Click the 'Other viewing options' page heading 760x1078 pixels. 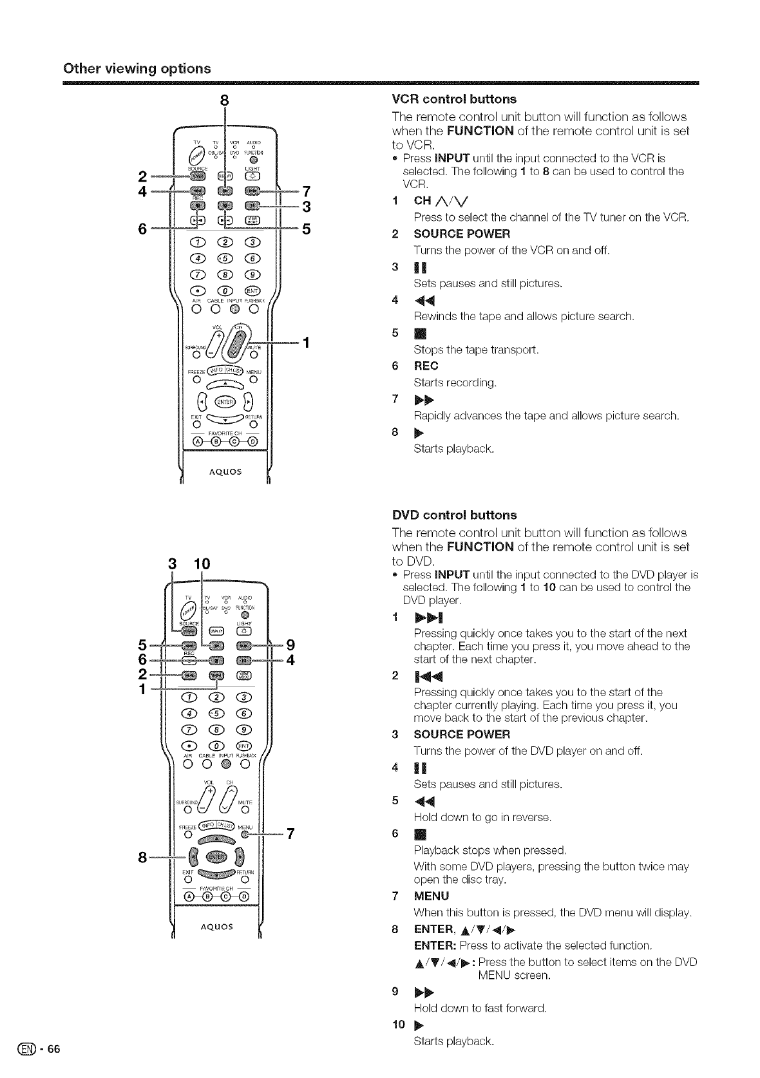click(x=137, y=68)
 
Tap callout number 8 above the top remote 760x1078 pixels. click(x=224, y=100)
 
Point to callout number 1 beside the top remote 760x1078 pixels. click(x=307, y=342)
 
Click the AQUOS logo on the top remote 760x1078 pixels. click(x=225, y=471)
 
